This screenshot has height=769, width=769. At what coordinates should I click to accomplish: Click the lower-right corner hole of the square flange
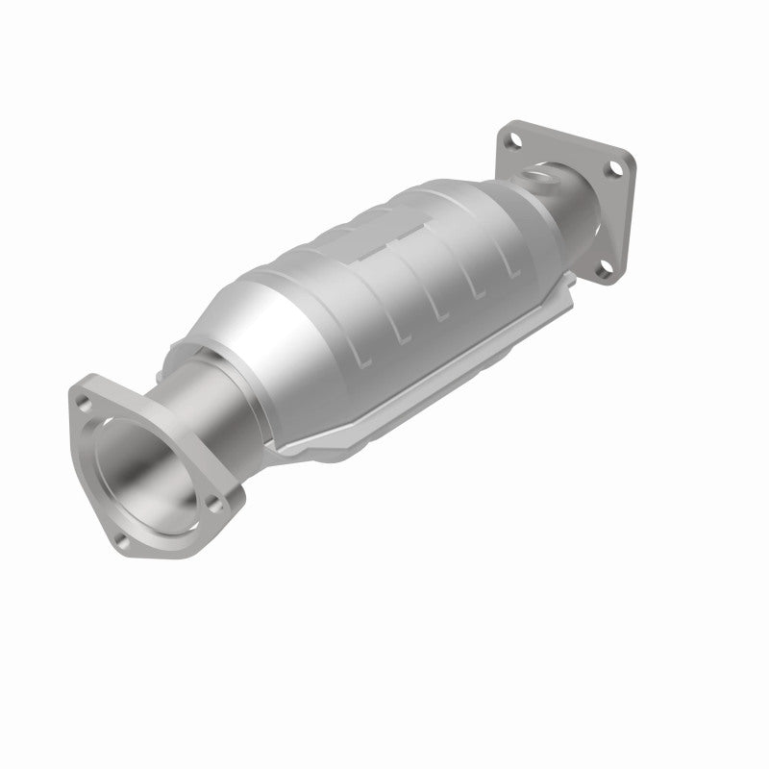tap(603, 272)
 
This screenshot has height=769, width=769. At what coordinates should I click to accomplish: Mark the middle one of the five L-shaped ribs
tap(440, 307)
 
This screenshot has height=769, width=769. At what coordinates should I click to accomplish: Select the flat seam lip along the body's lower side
tap(413, 384)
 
